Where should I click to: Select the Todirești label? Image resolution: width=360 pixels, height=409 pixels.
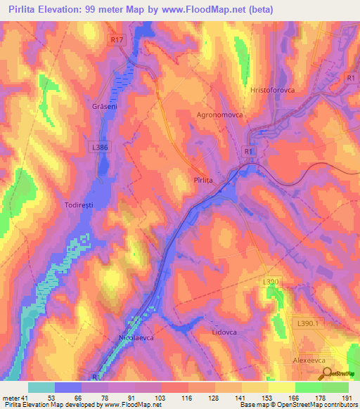point(79,197)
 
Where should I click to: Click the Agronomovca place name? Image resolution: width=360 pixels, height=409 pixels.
point(219,114)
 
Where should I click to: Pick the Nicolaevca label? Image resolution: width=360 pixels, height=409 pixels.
point(134,337)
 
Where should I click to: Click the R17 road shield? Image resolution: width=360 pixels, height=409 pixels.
point(117,41)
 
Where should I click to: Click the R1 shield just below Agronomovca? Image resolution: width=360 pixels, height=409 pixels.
point(247,151)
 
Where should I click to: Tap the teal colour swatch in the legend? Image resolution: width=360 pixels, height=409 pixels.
point(41,387)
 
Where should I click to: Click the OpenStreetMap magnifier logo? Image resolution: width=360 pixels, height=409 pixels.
point(326,374)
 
